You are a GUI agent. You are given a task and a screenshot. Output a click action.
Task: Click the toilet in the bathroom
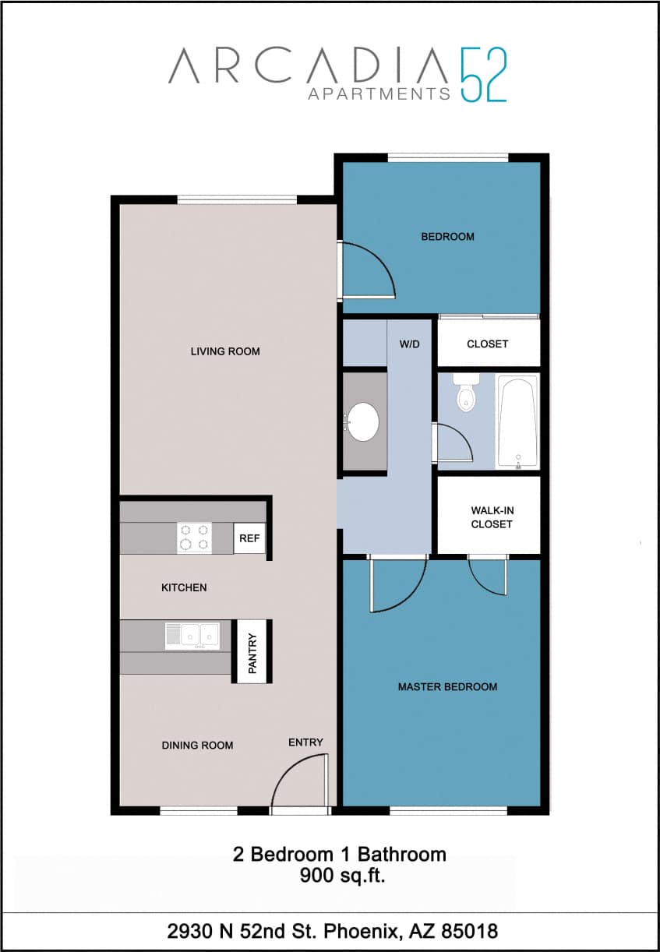(x=465, y=394)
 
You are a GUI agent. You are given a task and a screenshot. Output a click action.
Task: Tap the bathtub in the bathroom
(x=518, y=421)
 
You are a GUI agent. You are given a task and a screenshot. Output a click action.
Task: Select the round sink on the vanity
(x=363, y=421)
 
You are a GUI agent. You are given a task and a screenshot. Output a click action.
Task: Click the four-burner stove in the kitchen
(x=194, y=537)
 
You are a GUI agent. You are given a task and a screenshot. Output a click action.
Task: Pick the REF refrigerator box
(x=249, y=538)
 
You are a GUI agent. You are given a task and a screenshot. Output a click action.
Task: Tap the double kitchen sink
(x=191, y=635)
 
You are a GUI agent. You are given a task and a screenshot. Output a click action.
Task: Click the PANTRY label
(x=252, y=652)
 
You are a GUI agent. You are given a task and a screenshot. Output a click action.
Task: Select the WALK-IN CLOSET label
(x=492, y=517)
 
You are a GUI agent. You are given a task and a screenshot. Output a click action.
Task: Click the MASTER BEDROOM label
(x=447, y=687)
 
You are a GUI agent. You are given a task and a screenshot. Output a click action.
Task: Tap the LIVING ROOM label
(x=225, y=351)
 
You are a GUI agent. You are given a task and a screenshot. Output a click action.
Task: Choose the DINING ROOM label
(x=197, y=746)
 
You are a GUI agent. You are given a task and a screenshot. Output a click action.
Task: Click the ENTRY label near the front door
(x=305, y=742)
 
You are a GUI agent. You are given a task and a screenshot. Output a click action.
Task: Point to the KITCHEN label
(x=184, y=587)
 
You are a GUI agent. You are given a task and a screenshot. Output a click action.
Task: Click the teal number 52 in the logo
(x=483, y=75)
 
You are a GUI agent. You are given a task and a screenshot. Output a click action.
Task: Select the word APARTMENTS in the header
(x=379, y=94)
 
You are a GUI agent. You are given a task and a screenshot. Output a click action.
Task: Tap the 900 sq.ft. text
(x=343, y=876)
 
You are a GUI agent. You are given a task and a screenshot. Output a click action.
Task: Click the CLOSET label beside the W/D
(x=487, y=344)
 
